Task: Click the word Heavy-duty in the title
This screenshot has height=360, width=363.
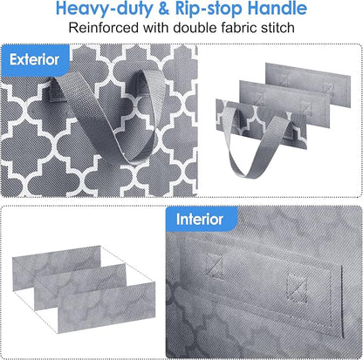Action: coord(104,9)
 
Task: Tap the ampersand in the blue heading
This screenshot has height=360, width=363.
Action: coord(164,9)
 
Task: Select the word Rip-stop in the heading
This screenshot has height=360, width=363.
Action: coord(209,9)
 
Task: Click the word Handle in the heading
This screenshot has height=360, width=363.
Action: coord(277,9)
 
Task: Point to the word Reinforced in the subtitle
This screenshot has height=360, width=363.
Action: coord(104,28)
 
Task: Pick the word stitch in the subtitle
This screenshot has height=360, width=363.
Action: coord(277,28)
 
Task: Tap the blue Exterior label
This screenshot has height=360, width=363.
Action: coord(35,60)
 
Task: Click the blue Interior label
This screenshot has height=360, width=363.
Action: coord(202,219)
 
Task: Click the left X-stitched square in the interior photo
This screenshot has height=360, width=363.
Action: coord(214,266)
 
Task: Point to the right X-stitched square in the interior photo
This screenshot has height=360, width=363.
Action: coord(297,289)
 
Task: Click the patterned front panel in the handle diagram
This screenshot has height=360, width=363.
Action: coord(261,125)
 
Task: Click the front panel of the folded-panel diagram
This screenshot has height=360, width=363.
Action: coord(106,308)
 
